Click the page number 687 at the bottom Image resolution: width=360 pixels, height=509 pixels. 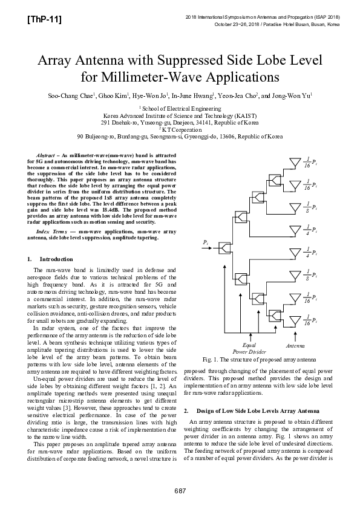point(180,489)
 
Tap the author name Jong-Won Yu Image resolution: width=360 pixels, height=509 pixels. point(293,96)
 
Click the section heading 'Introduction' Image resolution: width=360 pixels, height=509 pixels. point(56,259)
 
